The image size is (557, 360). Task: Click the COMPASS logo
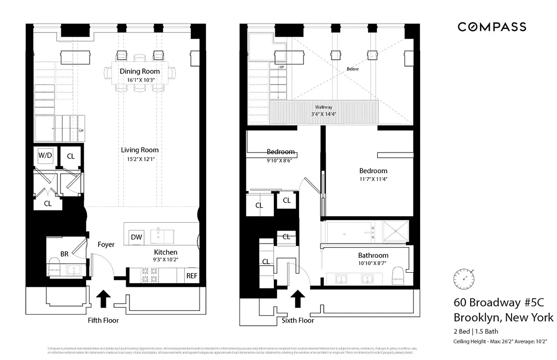tap(492, 27)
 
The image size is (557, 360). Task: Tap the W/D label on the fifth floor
tap(45, 156)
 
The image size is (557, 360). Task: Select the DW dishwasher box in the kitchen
tap(136, 237)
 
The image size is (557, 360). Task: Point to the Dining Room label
tap(140, 71)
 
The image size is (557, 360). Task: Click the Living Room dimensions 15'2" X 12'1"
tap(140, 158)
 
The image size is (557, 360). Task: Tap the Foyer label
tap(106, 244)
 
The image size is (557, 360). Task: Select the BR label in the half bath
tap(64, 254)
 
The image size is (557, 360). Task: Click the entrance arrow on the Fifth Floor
tap(104, 298)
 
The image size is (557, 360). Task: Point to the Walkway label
tap(323, 107)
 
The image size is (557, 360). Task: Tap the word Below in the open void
tap(353, 69)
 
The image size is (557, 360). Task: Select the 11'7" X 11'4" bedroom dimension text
tap(373, 179)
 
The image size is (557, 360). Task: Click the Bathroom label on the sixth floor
tap(373, 255)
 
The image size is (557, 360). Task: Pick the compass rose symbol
tap(464, 278)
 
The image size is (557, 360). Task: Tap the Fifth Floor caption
tap(104, 320)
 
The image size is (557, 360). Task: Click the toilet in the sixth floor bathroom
tap(398, 275)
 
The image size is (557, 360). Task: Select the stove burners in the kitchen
tap(149, 275)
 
